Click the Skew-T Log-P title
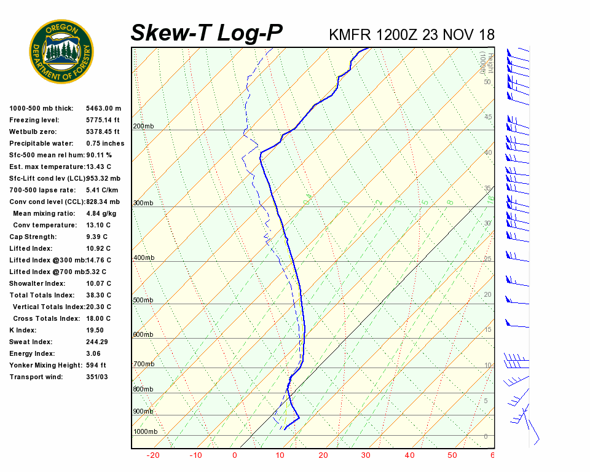coord(207,33)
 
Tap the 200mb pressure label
coord(143,127)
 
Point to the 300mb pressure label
coord(143,203)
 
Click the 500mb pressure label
coord(143,300)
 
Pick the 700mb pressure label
coord(143,364)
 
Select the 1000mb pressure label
coord(145,431)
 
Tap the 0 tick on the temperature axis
coord(234,455)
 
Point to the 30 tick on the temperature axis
coord(366,455)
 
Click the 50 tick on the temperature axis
coord(452,455)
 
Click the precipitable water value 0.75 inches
coord(105,143)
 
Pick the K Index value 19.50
coord(95,330)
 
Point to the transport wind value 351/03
coord(97,377)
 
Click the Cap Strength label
coord(33,237)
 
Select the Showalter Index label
coord(37,283)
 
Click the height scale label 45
coord(488,117)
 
